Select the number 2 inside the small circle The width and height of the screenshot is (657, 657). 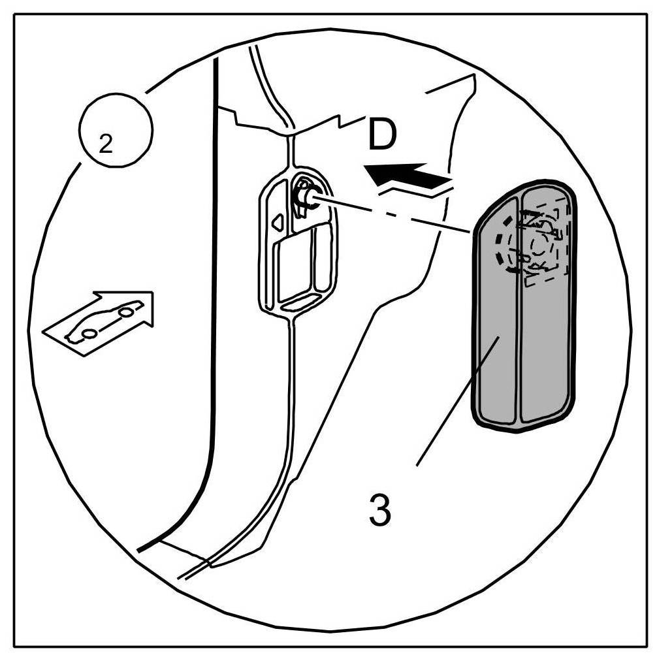click(x=104, y=145)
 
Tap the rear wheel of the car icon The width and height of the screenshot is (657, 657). click(x=89, y=333)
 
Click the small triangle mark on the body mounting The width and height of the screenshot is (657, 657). click(x=277, y=224)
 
